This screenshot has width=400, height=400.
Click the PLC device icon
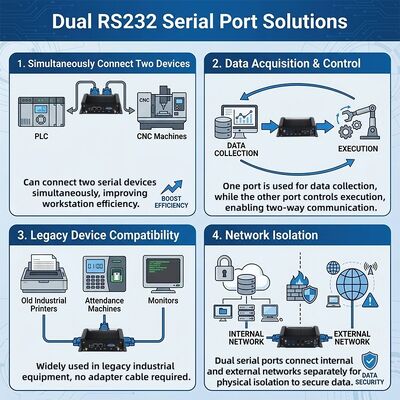click(x=41, y=112)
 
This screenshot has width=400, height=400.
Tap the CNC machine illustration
click(x=162, y=108)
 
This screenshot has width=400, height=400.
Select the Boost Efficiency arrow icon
click(x=172, y=187)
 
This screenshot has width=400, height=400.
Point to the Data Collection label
click(x=236, y=149)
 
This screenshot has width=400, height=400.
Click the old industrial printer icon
click(x=44, y=274)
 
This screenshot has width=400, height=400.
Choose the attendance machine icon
click(x=104, y=274)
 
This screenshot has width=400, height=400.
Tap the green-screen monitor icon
click(x=163, y=274)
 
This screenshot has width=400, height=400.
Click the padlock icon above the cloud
click(x=224, y=268)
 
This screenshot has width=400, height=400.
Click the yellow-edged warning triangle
click(x=370, y=300)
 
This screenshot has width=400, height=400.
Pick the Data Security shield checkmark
click(x=370, y=361)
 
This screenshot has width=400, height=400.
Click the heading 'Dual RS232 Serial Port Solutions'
click(x=200, y=21)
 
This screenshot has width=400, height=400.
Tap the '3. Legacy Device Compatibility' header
click(x=98, y=235)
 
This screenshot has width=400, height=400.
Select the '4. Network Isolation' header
click(x=265, y=235)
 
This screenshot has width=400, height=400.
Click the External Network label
click(x=352, y=338)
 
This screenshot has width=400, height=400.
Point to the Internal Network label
click(x=246, y=338)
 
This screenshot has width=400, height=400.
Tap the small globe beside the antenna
click(x=333, y=268)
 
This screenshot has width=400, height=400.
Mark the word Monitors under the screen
click(x=163, y=300)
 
